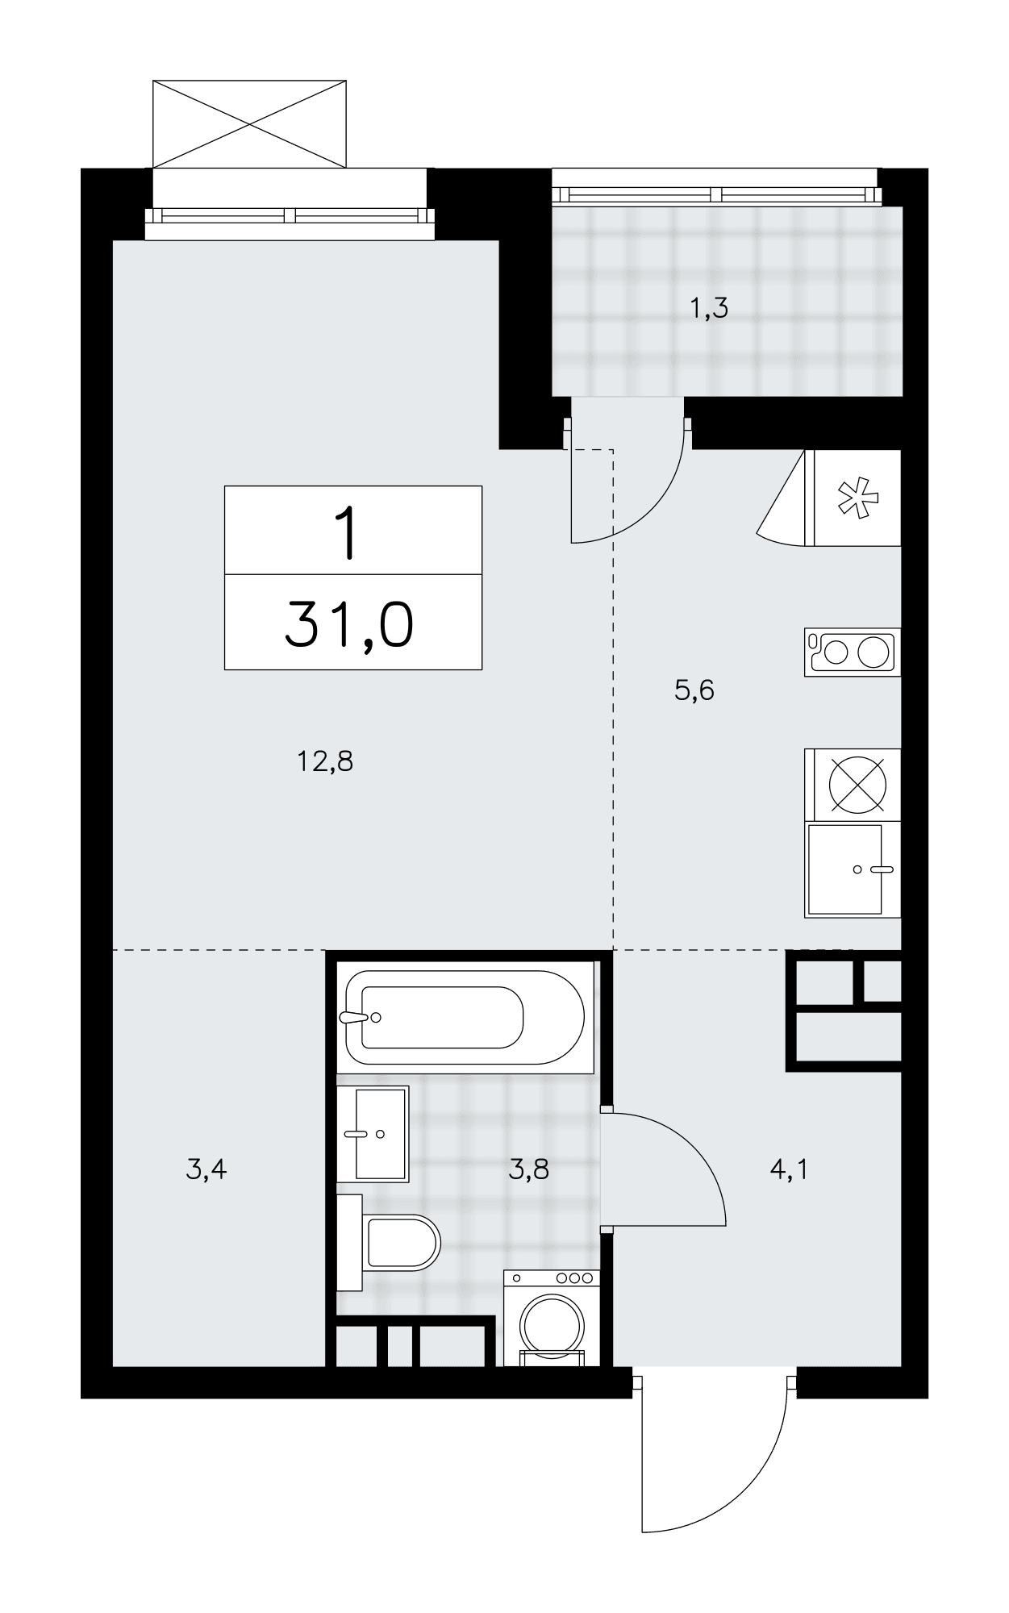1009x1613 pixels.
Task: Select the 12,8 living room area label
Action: coord(325,761)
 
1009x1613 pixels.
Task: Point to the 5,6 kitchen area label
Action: coord(694,690)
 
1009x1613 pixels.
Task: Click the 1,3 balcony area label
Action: coord(710,307)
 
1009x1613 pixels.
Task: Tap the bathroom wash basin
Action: coord(373,1133)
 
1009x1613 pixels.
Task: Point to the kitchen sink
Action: coord(852,869)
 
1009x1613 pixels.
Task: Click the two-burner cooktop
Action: coord(852,652)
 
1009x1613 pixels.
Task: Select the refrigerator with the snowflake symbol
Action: coord(857,498)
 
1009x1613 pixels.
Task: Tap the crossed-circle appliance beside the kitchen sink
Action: coord(857,784)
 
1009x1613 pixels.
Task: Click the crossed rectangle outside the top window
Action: coord(249,123)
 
